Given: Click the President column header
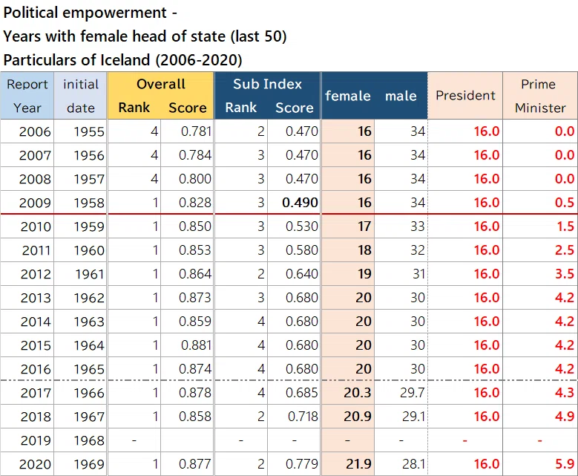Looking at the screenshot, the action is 465,96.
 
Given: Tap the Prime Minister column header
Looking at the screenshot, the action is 539,96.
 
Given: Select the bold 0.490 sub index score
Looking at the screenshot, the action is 300,203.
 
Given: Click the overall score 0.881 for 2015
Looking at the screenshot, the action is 196,345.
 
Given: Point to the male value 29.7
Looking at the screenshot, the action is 412,393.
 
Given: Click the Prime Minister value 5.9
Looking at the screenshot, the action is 565,464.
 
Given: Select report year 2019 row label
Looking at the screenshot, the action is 35,440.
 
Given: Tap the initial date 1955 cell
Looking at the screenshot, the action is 89,131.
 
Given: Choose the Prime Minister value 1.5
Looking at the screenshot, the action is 565,226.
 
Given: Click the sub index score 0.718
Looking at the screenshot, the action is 303,417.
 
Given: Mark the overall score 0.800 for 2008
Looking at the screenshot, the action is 195,179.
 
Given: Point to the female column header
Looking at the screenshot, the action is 347,96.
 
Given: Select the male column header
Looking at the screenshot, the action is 401,96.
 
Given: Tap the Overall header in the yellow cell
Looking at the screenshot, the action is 161,84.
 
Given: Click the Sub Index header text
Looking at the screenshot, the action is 267,84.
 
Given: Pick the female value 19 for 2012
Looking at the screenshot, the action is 364,274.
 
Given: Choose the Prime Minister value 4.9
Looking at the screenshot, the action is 565,417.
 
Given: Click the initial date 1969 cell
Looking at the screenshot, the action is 89,464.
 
